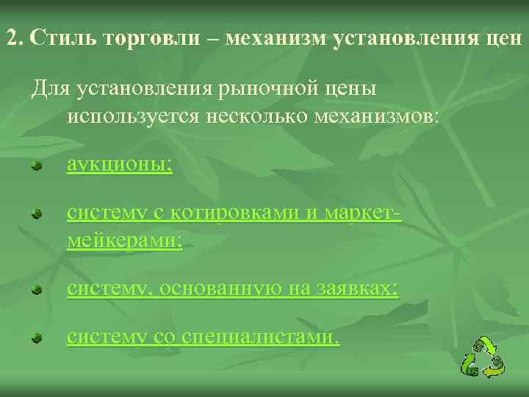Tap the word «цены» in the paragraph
coord(349,90)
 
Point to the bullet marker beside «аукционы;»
coord(35,166)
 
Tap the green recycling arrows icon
coord(483,357)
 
